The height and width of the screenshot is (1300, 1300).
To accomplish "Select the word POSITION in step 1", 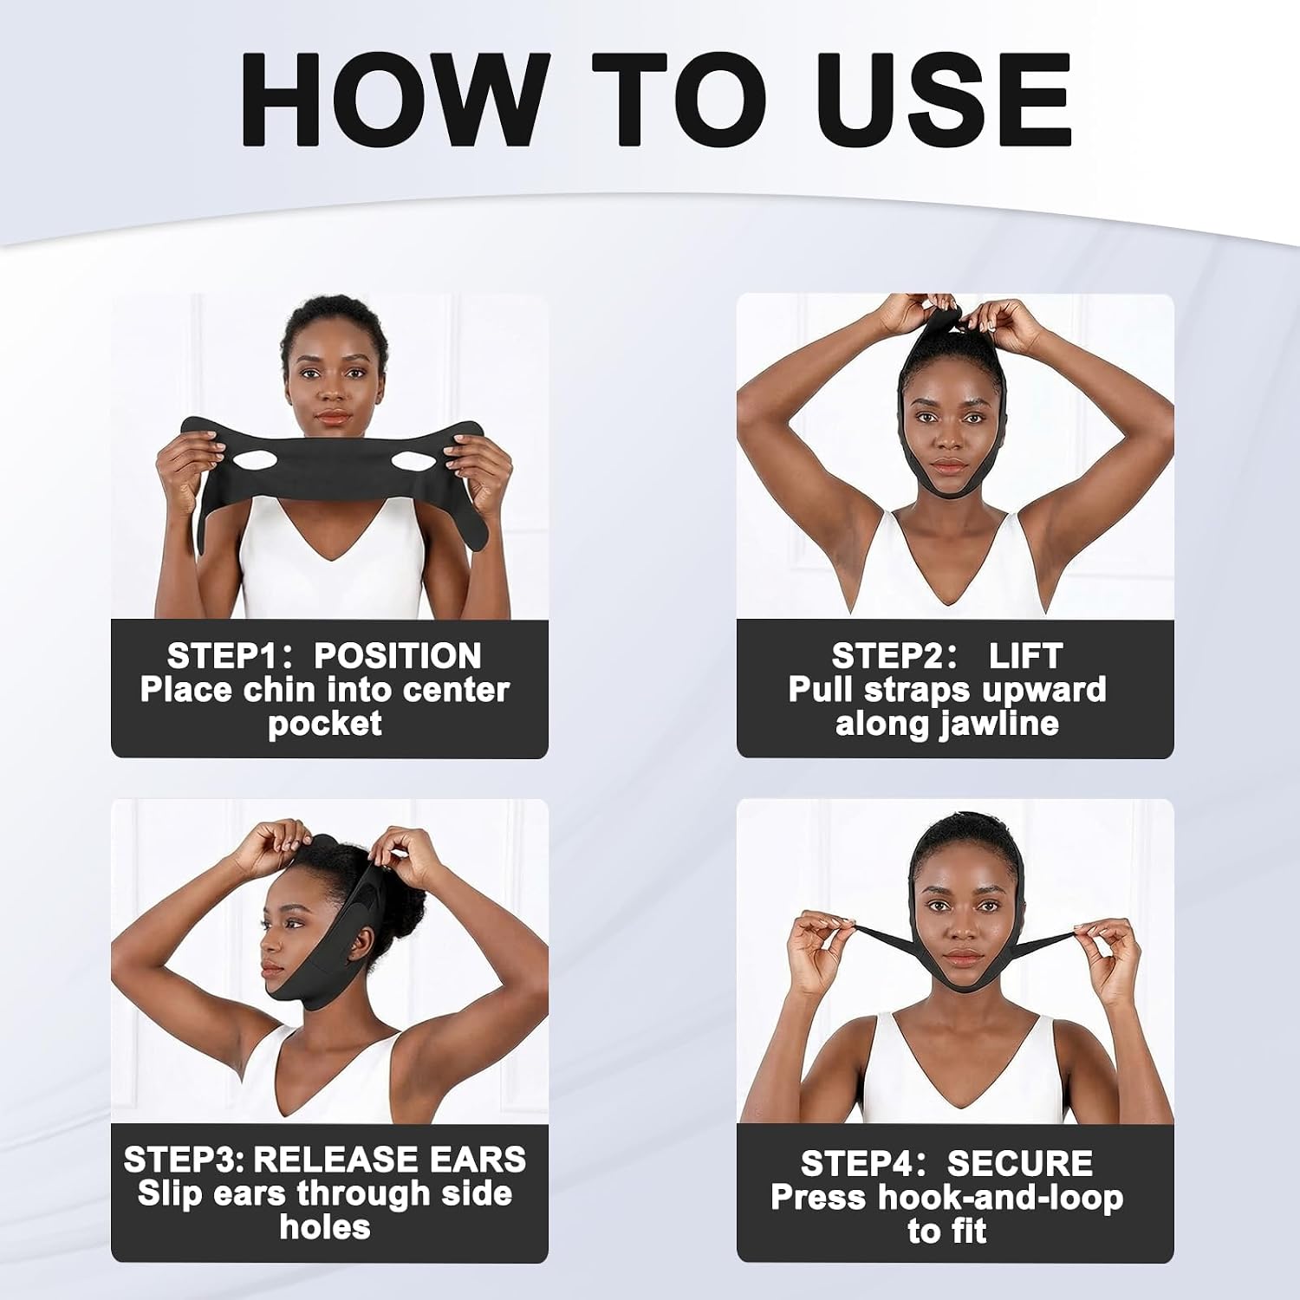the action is point(398,656).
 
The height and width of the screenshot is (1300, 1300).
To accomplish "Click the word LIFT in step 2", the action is point(1025,656).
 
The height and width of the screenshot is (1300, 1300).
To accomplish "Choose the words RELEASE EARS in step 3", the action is point(390,1160).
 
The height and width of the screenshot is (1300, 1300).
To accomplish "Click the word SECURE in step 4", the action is point(1019,1163).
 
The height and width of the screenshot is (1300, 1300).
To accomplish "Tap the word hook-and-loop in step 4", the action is point(1000,1198).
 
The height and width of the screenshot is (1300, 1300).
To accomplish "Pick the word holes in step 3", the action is point(325,1227).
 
